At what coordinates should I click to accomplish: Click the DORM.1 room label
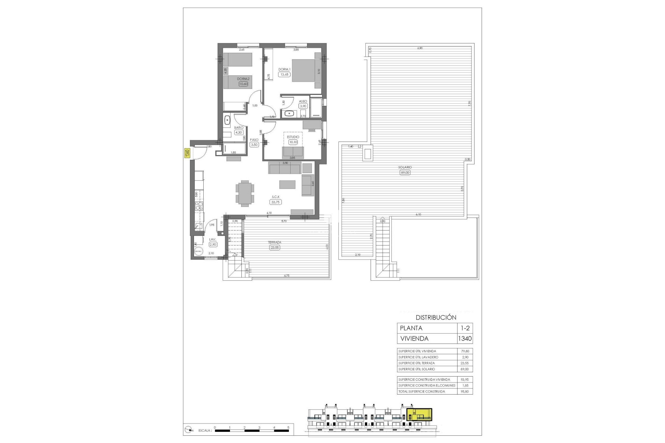tap(284, 69)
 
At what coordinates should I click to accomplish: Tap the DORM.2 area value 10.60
tap(243, 83)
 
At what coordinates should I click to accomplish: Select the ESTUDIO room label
tap(293, 137)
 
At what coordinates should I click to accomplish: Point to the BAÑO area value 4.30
tap(239, 132)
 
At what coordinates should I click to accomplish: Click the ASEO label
tap(303, 101)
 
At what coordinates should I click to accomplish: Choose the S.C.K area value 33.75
tap(276, 202)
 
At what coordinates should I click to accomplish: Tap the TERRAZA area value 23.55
tap(275, 247)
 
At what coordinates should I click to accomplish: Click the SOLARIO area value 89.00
tap(405, 172)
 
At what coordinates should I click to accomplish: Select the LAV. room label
tap(213, 239)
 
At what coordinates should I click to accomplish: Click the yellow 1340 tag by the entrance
tap(187, 153)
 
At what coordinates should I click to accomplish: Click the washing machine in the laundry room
tap(199, 252)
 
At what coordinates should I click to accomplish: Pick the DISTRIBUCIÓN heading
tap(436, 317)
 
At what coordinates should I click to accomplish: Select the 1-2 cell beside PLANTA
tap(465, 328)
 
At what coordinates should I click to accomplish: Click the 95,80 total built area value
tap(465, 391)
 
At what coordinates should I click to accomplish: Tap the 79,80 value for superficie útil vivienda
tap(465, 351)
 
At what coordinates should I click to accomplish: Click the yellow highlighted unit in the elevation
tap(419, 415)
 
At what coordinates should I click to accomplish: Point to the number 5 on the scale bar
tap(289, 427)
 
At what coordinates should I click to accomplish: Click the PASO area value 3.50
tap(254, 145)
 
